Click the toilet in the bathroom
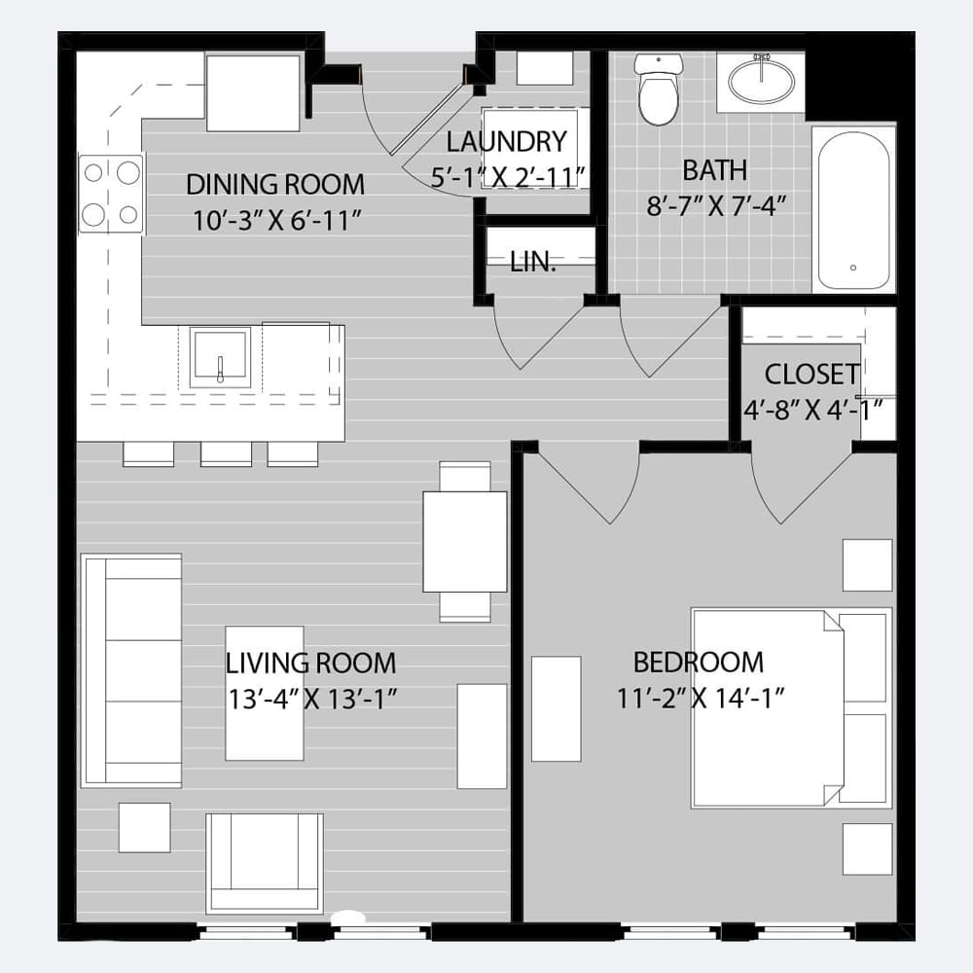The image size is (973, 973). [x=659, y=89]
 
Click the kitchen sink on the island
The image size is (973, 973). [x=220, y=357]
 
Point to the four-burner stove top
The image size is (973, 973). [x=111, y=194]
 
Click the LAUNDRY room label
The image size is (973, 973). [x=506, y=141]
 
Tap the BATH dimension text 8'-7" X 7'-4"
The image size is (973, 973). [x=716, y=205]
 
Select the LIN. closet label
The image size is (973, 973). [x=532, y=263]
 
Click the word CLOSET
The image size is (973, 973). [x=811, y=375]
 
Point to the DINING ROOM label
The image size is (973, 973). [x=275, y=184]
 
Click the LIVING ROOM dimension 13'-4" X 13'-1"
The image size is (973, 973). [x=312, y=699]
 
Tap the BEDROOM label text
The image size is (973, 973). [x=698, y=662]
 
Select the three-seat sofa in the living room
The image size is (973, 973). [x=131, y=670]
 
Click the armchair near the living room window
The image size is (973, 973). [x=265, y=863]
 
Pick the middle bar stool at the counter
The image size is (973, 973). [x=226, y=453]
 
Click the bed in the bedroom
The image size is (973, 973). [x=791, y=708]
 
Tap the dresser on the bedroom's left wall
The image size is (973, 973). [x=556, y=708]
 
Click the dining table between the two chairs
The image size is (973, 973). [x=465, y=542]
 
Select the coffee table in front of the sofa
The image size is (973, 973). [x=265, y=693]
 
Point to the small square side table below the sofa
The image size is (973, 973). [x=145, y=827]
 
